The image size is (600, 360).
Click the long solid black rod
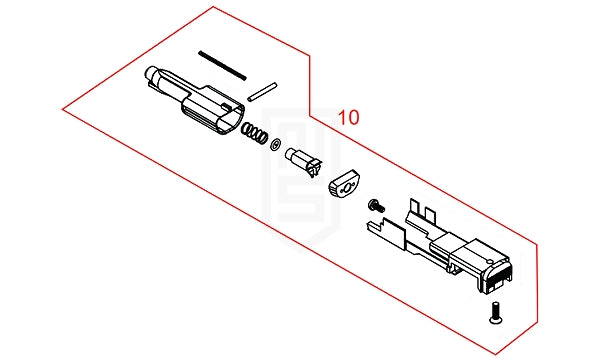coord(222,65)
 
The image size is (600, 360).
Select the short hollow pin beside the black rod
coord(262,92)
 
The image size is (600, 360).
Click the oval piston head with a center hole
coord(345,184)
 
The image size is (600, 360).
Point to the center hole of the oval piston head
coord(347,188)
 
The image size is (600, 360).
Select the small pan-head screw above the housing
coord(376,206)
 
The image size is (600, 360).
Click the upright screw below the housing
coord(496,313)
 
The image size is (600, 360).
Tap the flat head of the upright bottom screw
coord(496,320)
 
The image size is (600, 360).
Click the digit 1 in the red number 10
coord(343,117)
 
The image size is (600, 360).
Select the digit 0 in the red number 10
coord(354,117)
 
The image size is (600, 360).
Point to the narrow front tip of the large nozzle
coord(151,73)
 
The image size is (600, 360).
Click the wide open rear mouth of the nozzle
coord(231,121)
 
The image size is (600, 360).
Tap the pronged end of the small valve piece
coord(315,168)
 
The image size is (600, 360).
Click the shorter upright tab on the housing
coord(430,214)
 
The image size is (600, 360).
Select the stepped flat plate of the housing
coord(385,230)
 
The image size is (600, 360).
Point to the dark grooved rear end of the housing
coord(496,277)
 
